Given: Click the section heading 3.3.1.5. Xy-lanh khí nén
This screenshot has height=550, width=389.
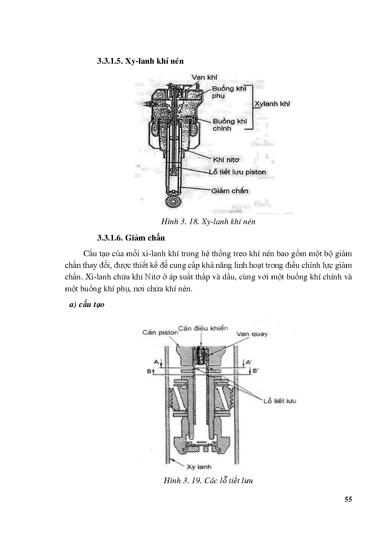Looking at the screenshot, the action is point(140,61).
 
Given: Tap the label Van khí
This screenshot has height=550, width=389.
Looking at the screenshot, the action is point(205,77).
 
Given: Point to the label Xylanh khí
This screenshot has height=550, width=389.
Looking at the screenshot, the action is point(272,104).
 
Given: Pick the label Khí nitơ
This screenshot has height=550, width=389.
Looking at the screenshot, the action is point(226,160).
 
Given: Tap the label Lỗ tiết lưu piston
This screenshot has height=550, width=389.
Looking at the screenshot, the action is point(237,172).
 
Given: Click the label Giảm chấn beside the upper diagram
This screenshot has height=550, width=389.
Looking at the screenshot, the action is point(230,191).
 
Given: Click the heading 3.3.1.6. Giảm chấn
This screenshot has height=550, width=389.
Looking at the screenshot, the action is point(131,238).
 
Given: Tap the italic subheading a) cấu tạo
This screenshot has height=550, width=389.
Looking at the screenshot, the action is point(87,304).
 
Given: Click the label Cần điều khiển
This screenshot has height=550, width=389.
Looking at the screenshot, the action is point(203,328).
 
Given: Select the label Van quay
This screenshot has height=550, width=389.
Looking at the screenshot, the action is point(252,334).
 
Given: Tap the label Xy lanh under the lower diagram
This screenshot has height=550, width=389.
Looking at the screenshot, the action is point(199,467).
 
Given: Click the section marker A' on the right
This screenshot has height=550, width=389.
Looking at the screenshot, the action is point(248,362).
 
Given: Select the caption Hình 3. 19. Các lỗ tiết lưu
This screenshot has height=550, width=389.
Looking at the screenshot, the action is point(208,480).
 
